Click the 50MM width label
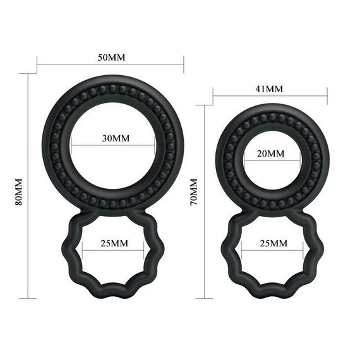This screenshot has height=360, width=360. (111, 57)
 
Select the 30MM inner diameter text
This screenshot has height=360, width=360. (114, 138)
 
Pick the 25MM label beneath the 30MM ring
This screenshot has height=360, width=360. (114, 243)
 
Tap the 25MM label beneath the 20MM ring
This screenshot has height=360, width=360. (272, 243)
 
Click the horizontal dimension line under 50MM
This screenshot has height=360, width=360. (111, 64)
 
